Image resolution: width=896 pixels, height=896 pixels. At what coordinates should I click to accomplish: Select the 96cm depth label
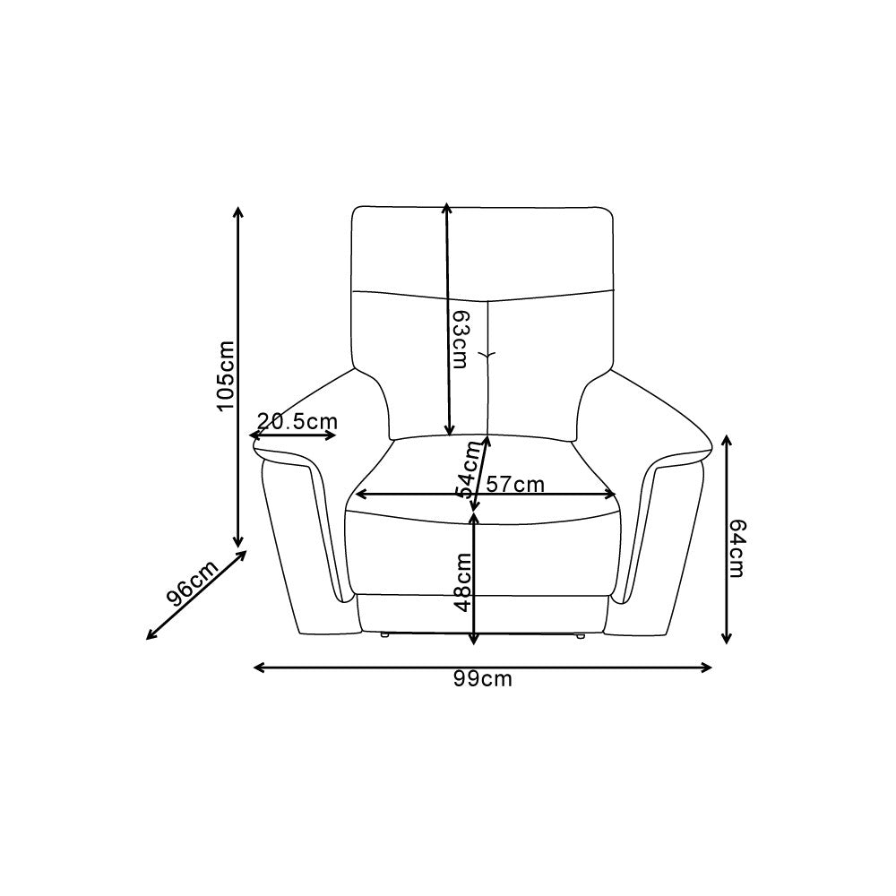click(x=190, y=585)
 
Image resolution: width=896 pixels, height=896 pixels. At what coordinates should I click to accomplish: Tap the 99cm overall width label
click(x=483, y=678)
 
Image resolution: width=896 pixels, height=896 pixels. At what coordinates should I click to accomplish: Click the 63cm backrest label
click(x=459, y=340)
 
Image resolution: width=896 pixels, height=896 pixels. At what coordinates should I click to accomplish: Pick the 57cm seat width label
click(x=515, y=485)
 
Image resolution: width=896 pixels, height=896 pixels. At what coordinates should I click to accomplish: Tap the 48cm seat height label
click(x=462, y=581)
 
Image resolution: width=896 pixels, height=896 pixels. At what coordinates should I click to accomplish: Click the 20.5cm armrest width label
click(x=297, y=421)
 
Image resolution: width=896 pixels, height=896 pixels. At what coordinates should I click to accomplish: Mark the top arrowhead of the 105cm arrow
click(x=238, y=210)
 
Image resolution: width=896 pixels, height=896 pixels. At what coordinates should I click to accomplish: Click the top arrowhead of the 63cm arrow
click(x=447, y=209)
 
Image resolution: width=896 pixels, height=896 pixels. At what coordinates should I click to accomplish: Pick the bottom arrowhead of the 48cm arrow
click(x=474, y=639)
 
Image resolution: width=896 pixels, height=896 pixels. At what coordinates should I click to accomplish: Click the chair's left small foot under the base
click(x=384, y=635)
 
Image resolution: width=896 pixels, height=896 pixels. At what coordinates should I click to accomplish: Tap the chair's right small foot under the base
click(x=581, y=635)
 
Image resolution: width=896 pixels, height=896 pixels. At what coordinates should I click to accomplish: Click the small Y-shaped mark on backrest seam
click(x=488, y=356)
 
